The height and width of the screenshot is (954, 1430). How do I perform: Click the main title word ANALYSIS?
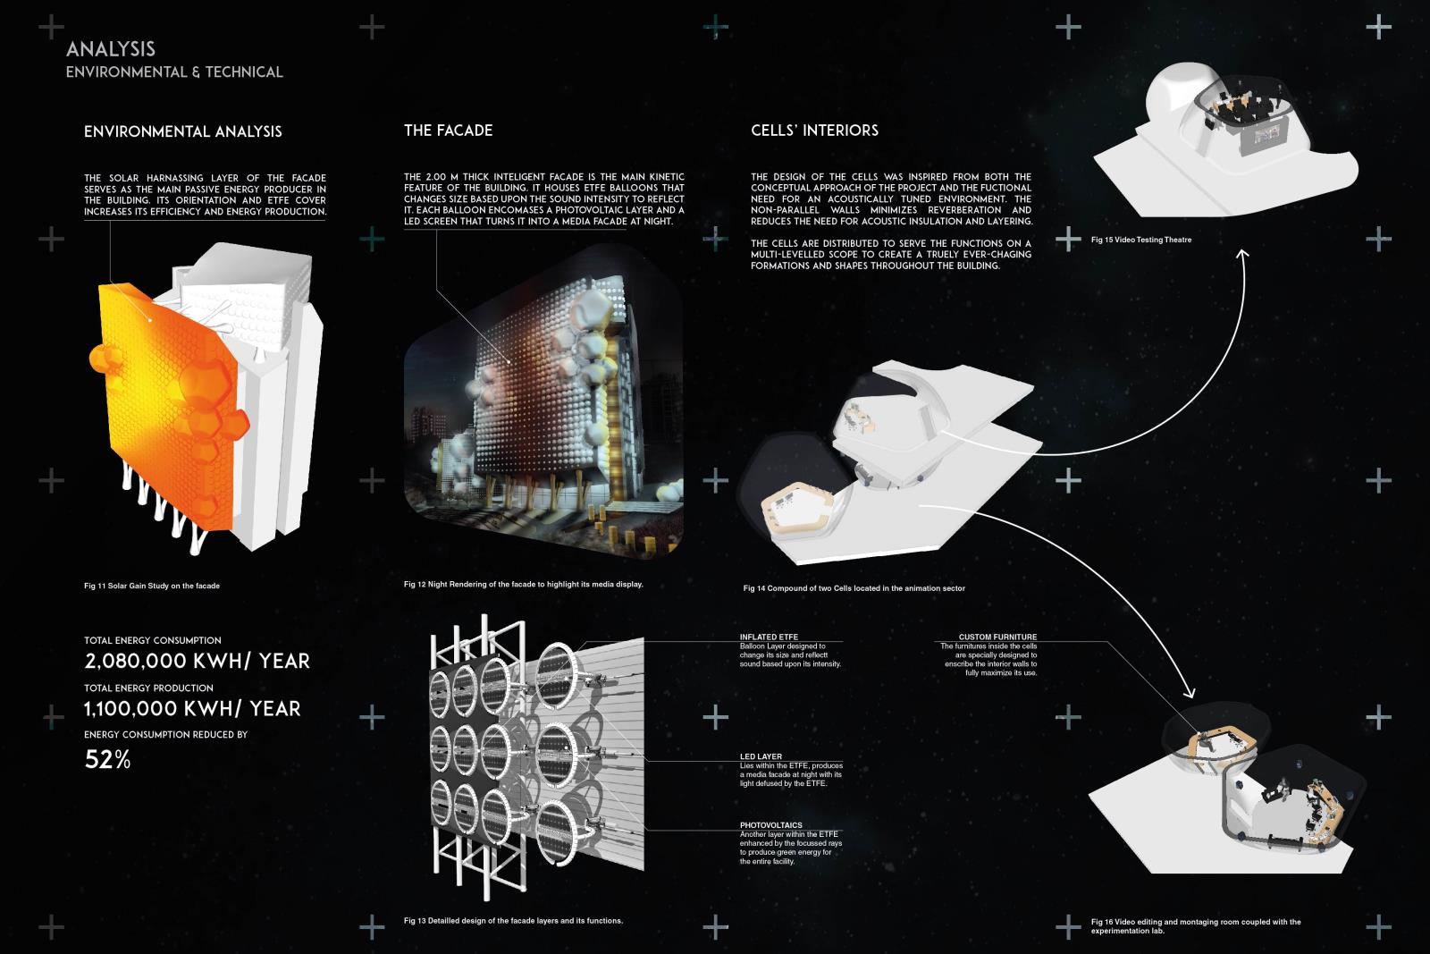click(111, 49)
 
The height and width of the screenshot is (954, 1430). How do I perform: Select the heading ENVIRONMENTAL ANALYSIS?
click(182, 131)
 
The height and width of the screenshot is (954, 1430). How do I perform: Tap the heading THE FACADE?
click(448, 131)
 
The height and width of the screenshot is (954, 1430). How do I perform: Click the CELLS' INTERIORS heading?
click(814, 131)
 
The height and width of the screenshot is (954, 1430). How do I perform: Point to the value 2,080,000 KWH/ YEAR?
click(197, 661)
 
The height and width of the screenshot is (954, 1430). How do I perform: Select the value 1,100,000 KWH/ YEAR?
click(192, 709)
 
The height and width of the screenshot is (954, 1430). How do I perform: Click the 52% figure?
click(107, 759)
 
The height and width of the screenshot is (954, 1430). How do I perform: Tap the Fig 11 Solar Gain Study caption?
click(152, 586)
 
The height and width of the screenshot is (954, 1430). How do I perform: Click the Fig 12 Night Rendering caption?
click(524, 584)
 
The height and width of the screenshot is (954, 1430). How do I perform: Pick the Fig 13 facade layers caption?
click(513, 921)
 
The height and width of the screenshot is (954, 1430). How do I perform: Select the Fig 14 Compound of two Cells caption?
click(854, 588)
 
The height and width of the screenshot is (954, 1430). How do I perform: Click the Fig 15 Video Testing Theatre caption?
click(1141, 241)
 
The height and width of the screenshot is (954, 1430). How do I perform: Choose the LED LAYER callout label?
click(761, 756)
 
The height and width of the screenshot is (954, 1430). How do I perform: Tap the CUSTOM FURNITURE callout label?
click(997, 637)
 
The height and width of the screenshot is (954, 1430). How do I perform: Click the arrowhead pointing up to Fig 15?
click(1242, 254)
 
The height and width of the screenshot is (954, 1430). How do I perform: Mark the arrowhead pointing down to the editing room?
click(1189, 692)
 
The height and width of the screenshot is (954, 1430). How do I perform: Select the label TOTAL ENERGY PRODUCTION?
click(148, 688)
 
